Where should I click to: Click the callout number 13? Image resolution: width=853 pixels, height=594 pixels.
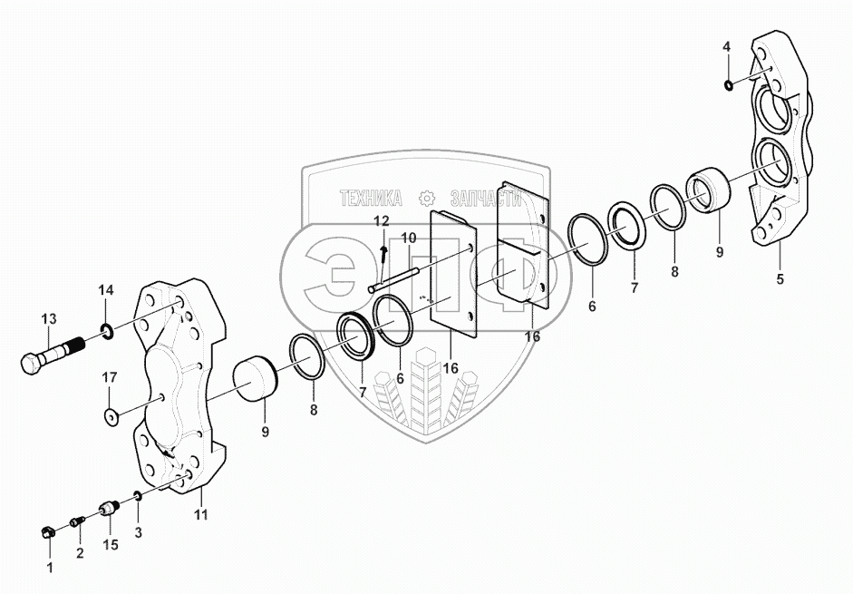click(48, 318)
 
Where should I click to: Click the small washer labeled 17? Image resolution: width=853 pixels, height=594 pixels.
click(111, 416)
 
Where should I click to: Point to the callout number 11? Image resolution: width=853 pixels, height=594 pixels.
click(201, 515)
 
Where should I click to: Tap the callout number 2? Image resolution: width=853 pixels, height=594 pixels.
click(79, 552)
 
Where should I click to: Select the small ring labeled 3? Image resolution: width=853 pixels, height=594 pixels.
click(137, 495)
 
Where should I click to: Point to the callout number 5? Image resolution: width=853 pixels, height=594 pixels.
click(779, 278)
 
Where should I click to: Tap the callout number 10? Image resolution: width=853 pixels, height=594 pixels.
click(409, 238)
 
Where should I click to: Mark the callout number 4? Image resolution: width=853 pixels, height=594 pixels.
click(726, 46)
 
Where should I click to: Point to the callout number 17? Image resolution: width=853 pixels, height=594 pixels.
click(109, 376)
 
